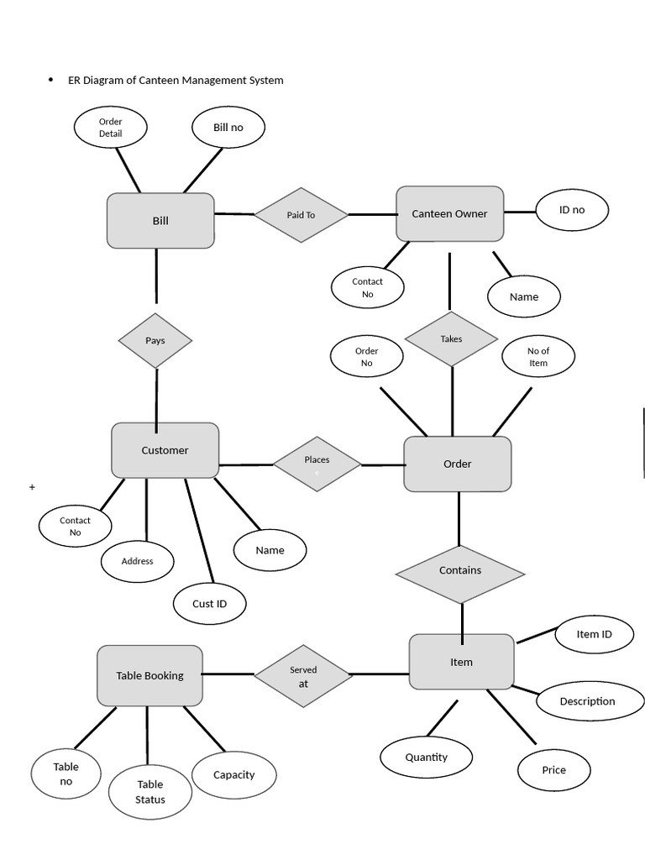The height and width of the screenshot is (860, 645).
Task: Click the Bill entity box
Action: point(160,221)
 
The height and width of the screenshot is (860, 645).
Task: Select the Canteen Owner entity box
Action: point(449,214)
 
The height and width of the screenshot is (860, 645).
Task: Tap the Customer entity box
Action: point(165,450)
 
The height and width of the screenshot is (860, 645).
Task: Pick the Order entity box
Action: point(457,464)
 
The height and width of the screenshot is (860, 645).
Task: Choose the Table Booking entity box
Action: point(149,675)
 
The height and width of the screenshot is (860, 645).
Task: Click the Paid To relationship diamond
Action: point(301,215)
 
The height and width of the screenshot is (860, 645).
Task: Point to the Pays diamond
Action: point(155,340)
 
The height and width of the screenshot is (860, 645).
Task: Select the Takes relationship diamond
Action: point(451,338)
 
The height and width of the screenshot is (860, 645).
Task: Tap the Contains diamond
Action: point(460,571)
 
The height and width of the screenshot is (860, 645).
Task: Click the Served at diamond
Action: point(303,676)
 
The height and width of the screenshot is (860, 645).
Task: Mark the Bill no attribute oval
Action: point(228,128)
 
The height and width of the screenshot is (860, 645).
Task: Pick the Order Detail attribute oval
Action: point(110,128)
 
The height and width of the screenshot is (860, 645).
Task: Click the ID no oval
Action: point(572,210)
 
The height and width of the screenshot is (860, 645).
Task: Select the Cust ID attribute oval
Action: point(209,603)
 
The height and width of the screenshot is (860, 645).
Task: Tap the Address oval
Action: point(137,561)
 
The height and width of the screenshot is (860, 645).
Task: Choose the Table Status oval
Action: point(150,792)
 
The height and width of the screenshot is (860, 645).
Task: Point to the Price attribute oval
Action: point(553,770)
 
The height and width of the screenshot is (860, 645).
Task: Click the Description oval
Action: point(588,701)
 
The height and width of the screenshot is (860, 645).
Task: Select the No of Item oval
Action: point(538,357)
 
